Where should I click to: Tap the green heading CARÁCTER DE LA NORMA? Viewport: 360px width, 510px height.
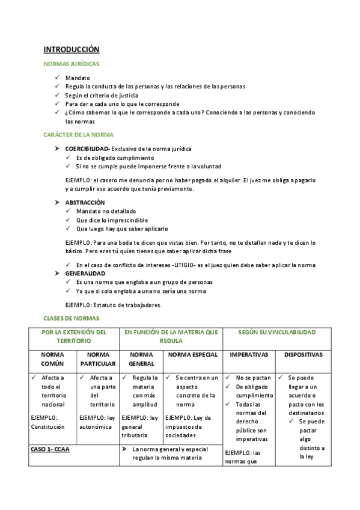(x=79, y=135)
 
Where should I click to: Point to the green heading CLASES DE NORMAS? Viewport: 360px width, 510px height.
(x=72, y=318)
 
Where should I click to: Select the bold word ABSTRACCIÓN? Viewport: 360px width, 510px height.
(x=85, y=203)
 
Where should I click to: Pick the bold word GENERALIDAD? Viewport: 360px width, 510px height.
(x=85, y=274)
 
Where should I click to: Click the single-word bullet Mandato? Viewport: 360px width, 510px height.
(x=78, y=78)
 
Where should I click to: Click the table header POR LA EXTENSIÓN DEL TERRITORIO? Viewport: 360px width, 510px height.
(x=74, y=336)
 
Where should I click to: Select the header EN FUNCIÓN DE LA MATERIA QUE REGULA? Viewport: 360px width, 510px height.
(x=171, y=336)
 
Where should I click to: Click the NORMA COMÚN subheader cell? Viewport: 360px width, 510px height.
(x=52, y=359)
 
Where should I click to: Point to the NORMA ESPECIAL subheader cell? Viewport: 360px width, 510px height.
(x=192, y=355)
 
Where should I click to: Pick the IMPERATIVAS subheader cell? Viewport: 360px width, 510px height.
(x=248, y=355)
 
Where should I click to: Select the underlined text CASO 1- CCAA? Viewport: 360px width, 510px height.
(x=50, y=449)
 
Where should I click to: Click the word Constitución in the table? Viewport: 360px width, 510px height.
(x=49, y=427)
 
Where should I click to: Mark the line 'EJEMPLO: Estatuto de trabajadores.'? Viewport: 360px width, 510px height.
(x=113, y=305)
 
